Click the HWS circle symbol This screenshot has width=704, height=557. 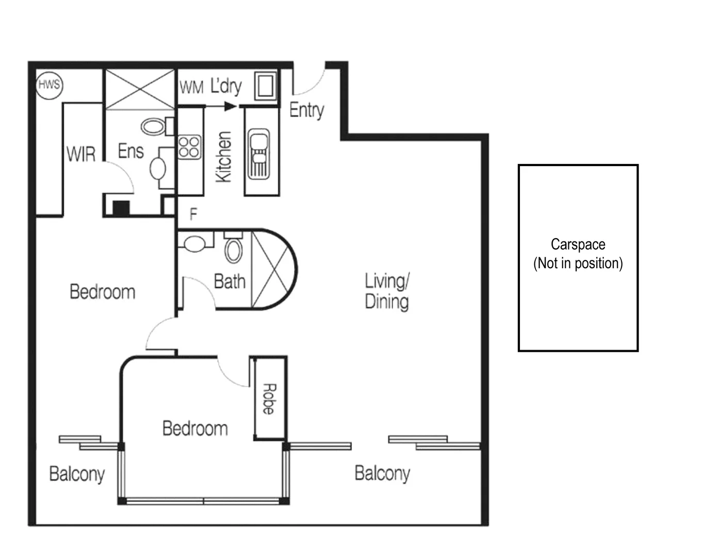49,84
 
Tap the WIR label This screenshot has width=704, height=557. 81,154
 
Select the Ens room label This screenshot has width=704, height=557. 130,151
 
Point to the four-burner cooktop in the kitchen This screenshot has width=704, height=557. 189,146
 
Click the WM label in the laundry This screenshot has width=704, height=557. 191,88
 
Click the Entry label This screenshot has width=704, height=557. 306,110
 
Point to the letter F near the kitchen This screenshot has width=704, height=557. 193,214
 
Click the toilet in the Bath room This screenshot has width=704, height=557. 234,249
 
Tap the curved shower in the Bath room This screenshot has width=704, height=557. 273,269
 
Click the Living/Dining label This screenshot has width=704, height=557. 387,291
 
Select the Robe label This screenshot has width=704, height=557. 269,399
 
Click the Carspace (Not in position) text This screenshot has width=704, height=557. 578,254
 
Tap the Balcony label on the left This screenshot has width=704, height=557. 77,473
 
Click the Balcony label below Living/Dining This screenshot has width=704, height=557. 382,473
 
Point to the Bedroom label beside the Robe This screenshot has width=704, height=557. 195,428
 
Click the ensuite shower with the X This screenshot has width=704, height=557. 140,90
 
